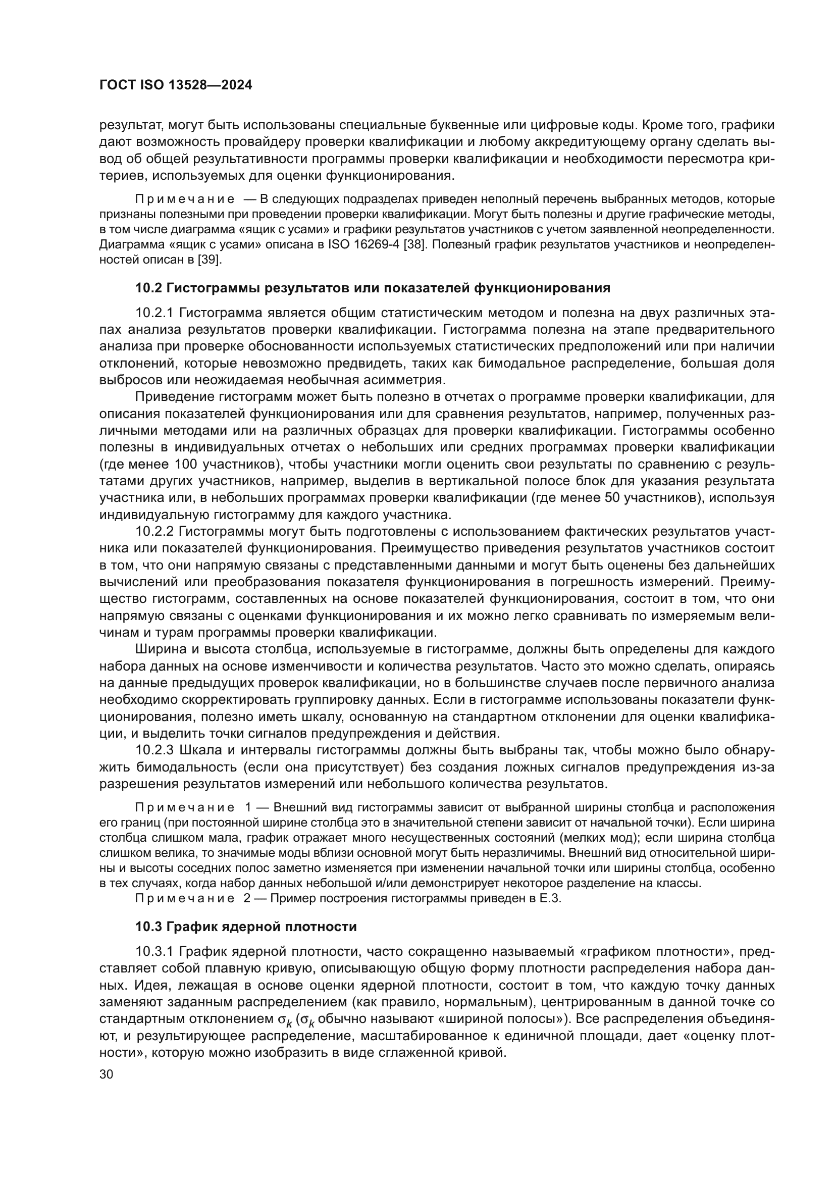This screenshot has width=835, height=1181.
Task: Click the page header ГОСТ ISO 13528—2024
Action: point(175,85)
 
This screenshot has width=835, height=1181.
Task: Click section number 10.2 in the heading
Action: point(148,288)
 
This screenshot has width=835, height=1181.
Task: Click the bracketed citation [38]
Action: point(415,244)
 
